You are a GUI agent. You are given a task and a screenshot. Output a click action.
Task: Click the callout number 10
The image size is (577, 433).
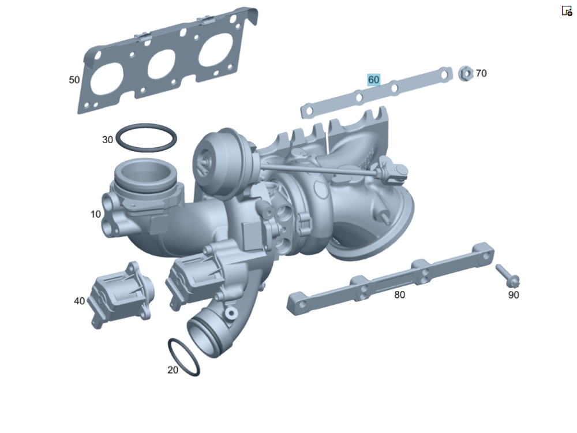pos(96,214)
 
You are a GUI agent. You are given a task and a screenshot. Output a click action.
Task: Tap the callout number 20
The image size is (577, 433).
pos(173,369)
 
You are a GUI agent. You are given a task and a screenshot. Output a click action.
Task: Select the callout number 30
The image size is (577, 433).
pos(107,140)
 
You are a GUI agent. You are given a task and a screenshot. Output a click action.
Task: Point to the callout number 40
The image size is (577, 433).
pos(80,301)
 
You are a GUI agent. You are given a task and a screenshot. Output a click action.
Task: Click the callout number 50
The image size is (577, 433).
pos(74,80)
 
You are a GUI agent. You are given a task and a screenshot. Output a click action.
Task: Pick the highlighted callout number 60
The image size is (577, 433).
pos(373,80)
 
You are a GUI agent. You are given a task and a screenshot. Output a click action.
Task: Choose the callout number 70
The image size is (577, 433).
pos(481,73)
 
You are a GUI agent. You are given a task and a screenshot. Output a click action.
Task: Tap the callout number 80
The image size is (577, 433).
pos(400,294)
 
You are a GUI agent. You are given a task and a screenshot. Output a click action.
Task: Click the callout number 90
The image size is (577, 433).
pos(514,294)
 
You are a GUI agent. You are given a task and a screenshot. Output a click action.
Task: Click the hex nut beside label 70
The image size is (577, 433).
pos(466,74)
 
